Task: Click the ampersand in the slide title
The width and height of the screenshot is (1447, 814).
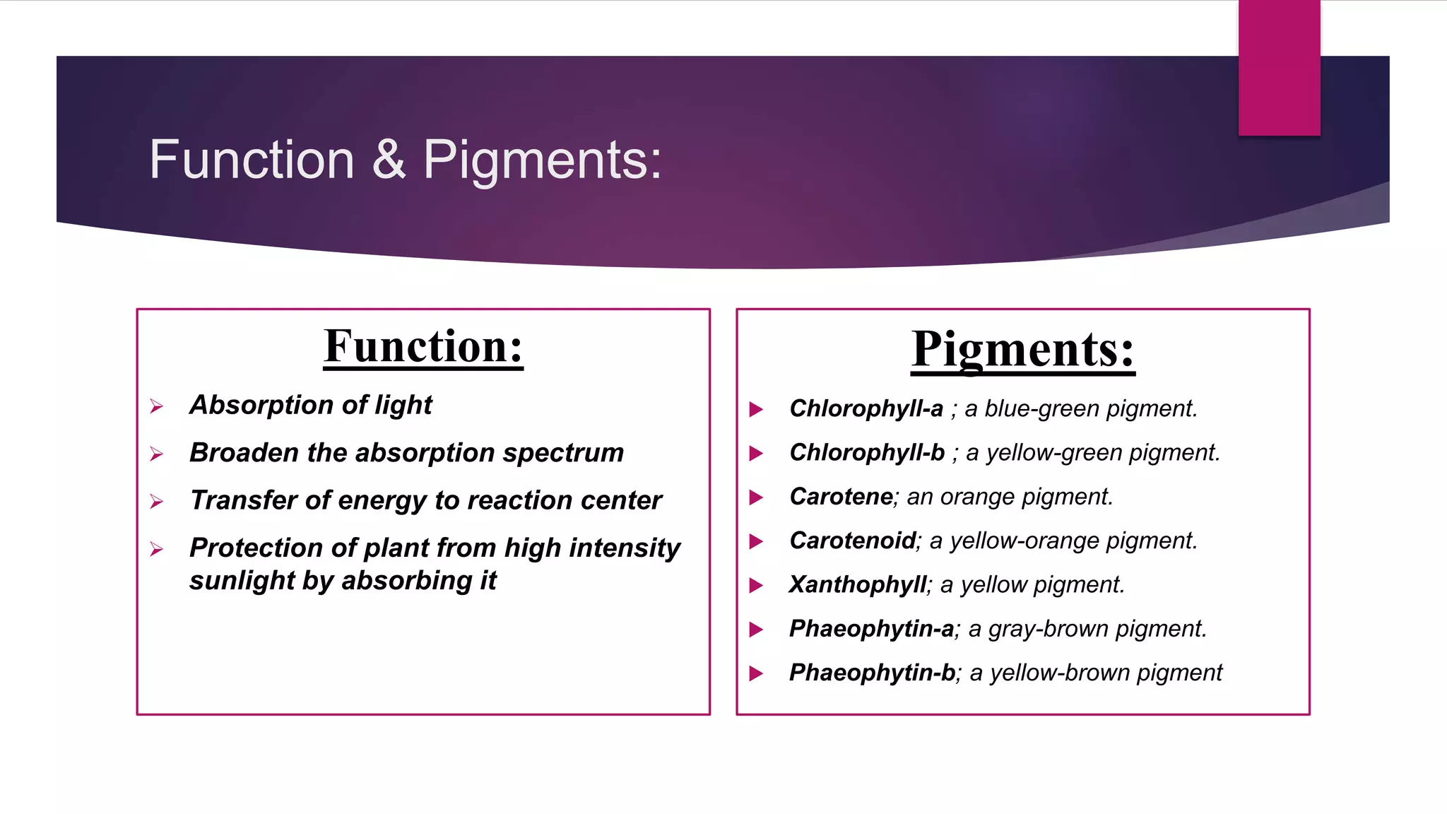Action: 389,160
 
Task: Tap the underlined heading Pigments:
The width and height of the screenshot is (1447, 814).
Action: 1022,349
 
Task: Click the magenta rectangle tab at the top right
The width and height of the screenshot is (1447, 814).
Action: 1279,68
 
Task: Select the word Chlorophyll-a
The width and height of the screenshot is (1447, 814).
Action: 866,408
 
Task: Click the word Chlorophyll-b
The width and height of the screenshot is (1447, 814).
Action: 867,452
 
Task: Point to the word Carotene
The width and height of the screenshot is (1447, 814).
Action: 841,497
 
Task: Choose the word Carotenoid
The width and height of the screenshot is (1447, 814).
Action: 852,541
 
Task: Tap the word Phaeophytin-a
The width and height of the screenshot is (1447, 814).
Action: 871,628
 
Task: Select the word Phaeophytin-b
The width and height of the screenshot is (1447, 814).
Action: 872,672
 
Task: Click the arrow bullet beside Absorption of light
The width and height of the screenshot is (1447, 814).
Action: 157,406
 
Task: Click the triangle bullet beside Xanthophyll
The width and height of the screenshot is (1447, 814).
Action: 756,585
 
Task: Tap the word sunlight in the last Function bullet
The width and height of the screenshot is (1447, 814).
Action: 242,581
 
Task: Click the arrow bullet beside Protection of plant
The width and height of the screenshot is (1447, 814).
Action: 157,549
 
